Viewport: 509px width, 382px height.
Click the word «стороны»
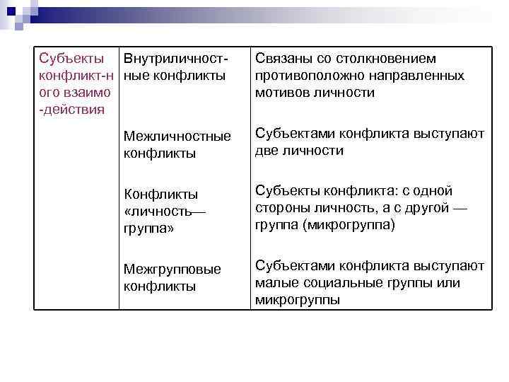pos(279,209)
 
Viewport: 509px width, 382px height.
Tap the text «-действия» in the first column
pos(72,109)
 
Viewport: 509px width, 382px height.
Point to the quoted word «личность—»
pos(161,212)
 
